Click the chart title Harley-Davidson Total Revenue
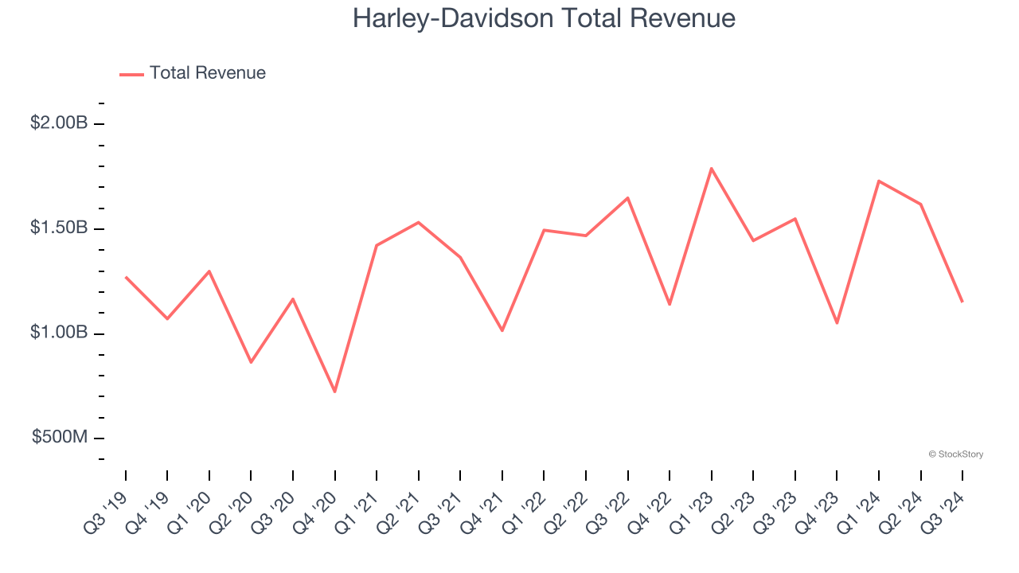pos(544,18)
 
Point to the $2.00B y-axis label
pos(58,123)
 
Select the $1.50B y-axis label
pos(58,228)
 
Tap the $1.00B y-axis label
pos(58,333)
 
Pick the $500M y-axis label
pos(61,437)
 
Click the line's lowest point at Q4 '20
pos(335,392)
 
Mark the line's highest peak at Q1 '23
pos(711,168)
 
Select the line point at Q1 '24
pos(879,181)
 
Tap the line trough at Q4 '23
pos(837,323)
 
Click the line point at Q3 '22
pos(627,197)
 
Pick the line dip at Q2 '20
pos(251,362)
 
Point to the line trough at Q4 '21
pos(502,330)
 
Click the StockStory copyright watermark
pos(956,454)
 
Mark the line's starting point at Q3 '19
pos(126,277)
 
